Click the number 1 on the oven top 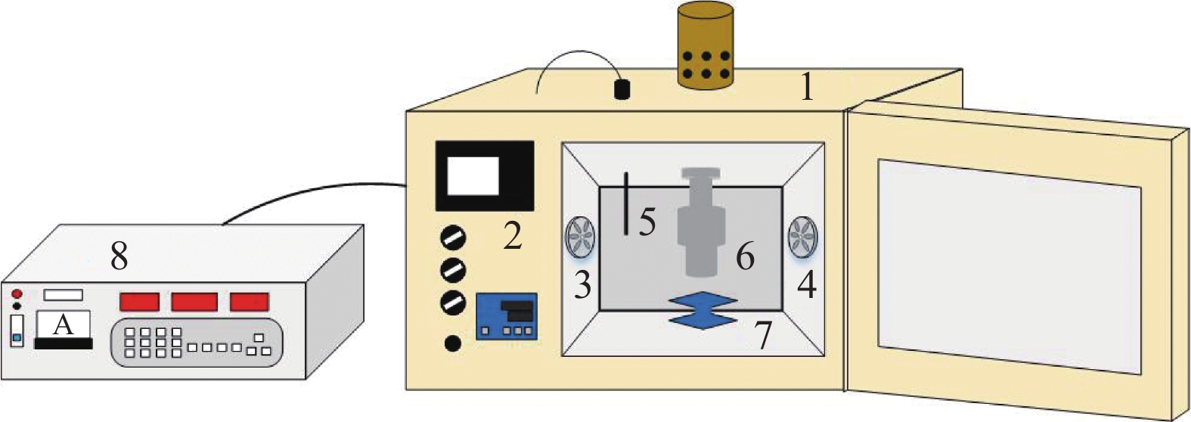click(807, 86)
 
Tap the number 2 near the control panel click(512, 235)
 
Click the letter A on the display click(64, 324)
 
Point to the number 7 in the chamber click(763, 336)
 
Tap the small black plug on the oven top click(622, 89)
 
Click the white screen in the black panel click(473, 176)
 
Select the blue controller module click(506, 315)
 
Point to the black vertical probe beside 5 click(627, 203)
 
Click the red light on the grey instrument click(17, 293)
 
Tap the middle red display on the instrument click(194, 301)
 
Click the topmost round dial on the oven click(454, 237)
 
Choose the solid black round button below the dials click(452, 344)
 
